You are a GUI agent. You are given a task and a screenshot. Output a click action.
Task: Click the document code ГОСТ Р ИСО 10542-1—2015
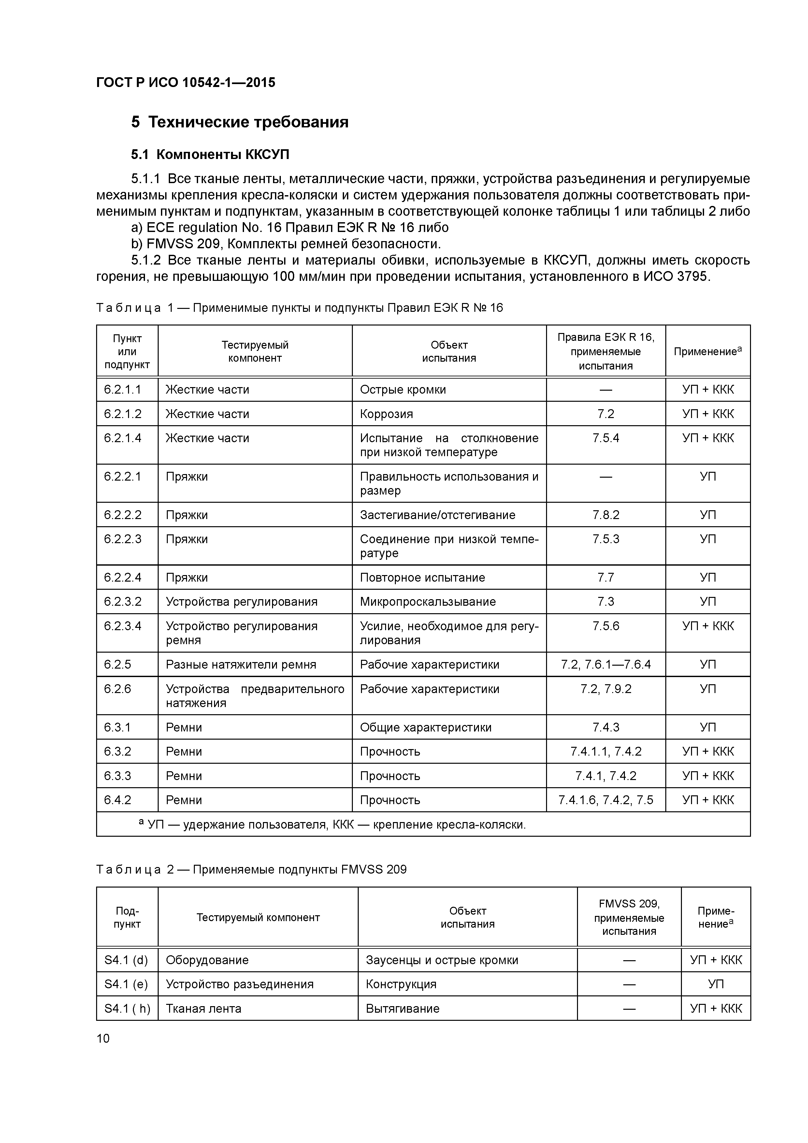(x=185, y=83)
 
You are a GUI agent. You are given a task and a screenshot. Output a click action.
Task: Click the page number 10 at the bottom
(x=103, y=1038)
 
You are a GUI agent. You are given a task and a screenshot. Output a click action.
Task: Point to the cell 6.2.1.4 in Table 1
(x=123, y=438)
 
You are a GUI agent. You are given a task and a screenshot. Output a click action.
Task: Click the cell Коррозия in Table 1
(x=386, y=414)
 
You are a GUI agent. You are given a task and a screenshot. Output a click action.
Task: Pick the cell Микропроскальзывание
(x=428, y=601)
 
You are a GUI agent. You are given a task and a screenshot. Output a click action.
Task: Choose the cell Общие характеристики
(x=425, y=727)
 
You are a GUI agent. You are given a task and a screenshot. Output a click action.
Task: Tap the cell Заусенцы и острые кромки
(x=441, y=960)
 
